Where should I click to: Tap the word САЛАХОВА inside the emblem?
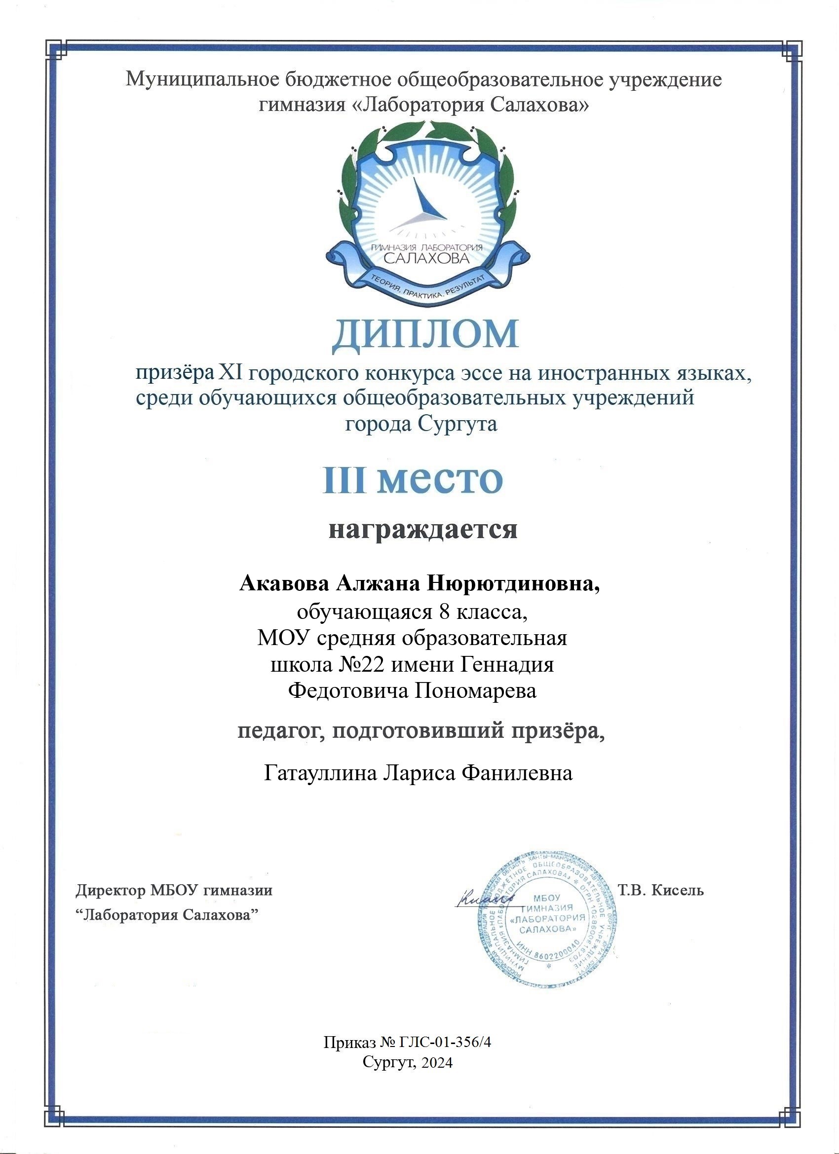[425, 258]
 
